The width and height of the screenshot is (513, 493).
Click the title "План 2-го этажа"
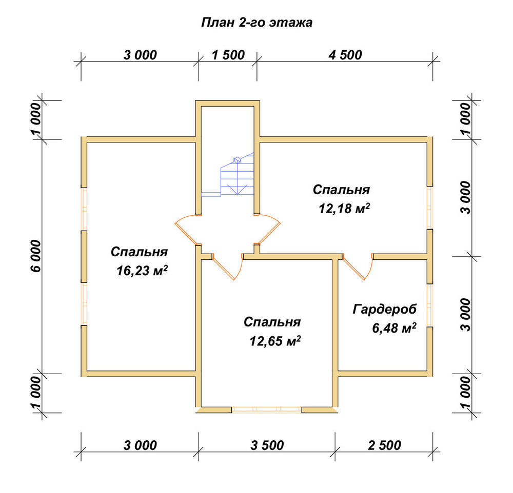tap(256, 23)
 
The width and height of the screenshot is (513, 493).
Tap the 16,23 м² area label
tap(142, 271)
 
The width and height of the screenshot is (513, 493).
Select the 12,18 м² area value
tap(344, 208)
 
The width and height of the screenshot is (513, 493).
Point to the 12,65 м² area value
tap(275, 341)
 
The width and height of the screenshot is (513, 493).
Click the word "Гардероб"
tap(384, 309)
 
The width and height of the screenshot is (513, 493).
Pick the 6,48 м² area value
tap(394, 327)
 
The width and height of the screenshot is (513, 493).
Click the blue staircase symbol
tap(228, 174)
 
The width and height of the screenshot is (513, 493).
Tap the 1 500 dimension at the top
tap(228, 55)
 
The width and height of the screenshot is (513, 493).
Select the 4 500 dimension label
tap(345, 55)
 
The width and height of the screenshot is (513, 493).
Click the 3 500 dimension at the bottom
tap(267, 445)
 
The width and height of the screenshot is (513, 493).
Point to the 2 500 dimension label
tap(384, 445)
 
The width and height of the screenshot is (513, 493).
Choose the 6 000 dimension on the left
tap(36, 256)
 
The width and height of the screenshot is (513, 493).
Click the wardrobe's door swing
tap(358, 266)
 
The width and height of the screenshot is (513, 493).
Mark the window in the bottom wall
tap(267, 410)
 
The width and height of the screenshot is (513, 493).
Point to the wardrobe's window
tap(430, 305)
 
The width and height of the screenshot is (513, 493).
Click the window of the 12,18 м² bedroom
tap(430, 208)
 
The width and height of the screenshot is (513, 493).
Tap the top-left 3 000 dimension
tap(140, 55)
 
